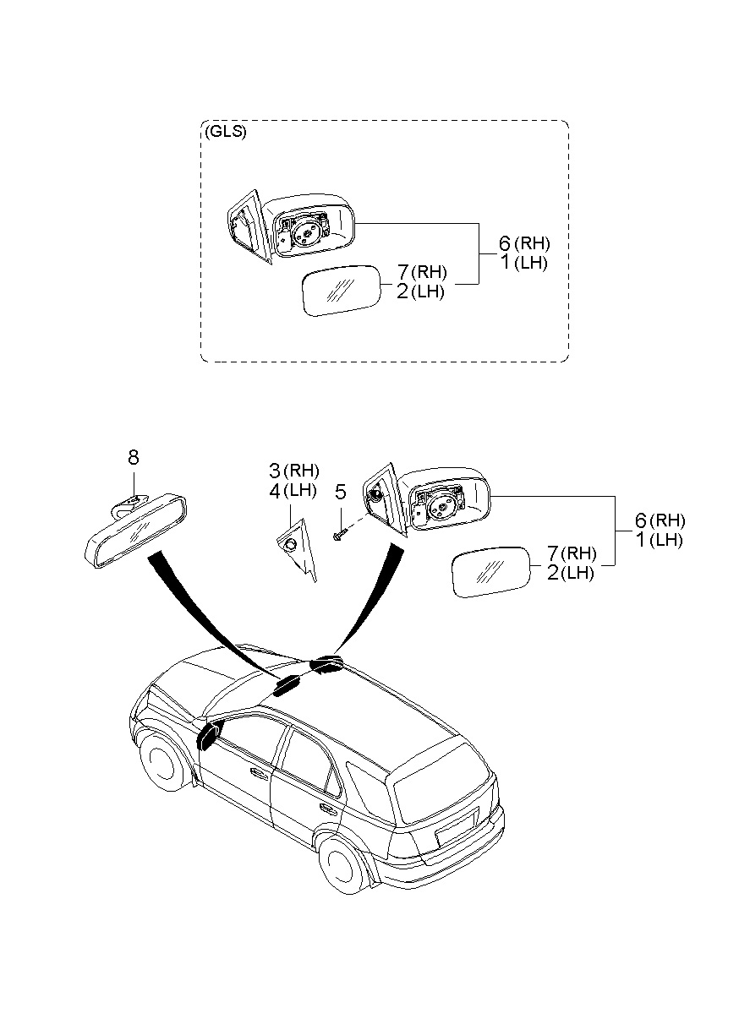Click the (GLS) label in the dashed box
[x=225, y=133]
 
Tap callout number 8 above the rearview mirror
[x=134, y=458]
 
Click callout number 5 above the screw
[x=341, y=491]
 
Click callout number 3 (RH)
[x=275, y=470]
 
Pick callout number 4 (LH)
[x=275, y=489]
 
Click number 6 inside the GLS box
[x=504, y=244]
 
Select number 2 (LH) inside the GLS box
[x=403, y=291]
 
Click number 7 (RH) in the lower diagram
[x=553, y=553]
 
